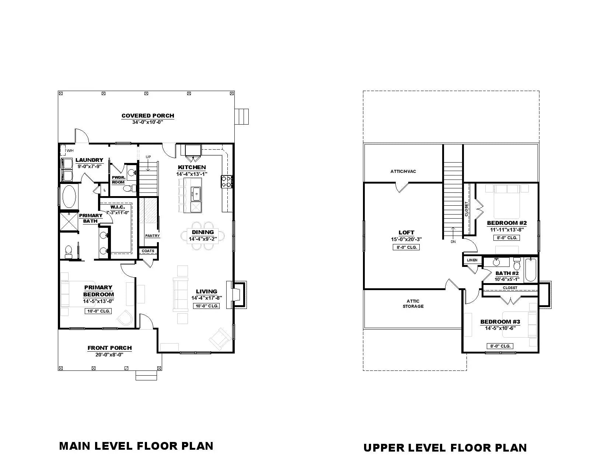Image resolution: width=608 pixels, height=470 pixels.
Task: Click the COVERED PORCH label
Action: pos(148,116)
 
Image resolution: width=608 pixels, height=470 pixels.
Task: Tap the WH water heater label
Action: pos(70,151)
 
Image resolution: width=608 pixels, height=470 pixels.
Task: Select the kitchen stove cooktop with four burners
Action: pos(226,181)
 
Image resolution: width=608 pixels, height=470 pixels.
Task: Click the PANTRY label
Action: pos(152,236)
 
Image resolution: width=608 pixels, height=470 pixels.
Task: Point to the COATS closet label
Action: pos(148,251)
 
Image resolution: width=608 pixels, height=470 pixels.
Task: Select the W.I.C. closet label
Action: pos(118,207)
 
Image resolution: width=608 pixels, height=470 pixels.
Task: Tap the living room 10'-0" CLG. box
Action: pos(206,306)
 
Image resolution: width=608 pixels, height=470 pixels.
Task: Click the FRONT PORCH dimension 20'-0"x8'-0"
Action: pos(109,355)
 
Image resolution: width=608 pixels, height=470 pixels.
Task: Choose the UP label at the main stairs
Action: pos(148,157)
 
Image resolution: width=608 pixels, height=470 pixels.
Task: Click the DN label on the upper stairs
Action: pos(453,242)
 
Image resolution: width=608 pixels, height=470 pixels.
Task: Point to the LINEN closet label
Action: pos(472,260)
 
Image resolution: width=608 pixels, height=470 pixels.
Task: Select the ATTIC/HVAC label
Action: pos(403,171)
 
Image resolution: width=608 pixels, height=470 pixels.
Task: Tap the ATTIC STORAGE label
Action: pos(413,304)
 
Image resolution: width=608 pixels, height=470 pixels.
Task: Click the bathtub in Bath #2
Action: pos(531,269)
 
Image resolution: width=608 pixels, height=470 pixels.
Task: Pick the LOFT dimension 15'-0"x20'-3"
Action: pos(406,239)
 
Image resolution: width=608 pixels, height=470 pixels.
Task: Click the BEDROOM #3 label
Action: pos(500,322)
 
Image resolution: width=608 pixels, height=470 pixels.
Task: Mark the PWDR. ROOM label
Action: pos(118,180)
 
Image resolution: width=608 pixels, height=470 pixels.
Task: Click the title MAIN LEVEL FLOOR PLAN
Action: pos(136,446)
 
